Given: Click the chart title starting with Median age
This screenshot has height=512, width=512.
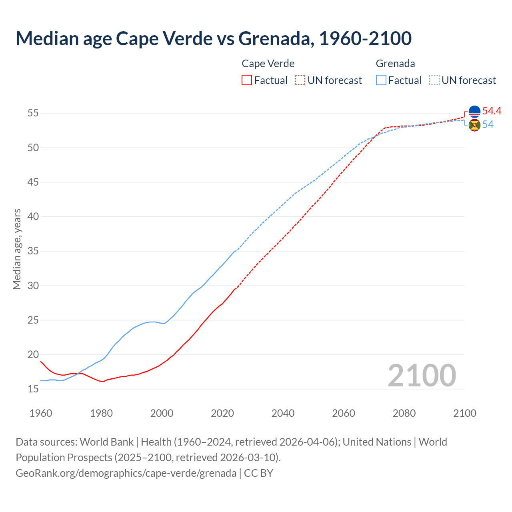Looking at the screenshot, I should (x=214, y=38).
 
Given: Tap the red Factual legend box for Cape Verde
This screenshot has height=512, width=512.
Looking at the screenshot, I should (x=247, y=80).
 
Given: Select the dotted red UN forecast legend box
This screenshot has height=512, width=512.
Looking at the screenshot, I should (x=300, y=80).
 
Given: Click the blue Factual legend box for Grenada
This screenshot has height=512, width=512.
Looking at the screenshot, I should (x=381, y=80).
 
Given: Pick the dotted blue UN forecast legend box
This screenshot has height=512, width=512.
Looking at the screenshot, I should (x=434, y=80).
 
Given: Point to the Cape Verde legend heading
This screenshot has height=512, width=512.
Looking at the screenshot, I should (x=268, y=64).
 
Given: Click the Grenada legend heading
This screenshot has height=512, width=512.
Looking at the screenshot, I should (x=395, y=64).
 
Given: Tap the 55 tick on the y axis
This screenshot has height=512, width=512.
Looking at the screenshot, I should (x=33, y=113).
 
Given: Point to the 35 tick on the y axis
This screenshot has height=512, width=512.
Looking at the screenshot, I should (x=33, y=251).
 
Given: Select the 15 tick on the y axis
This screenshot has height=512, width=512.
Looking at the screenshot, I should (x=33, y=389).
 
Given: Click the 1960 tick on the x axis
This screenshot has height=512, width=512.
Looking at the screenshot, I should (x=41, y=413).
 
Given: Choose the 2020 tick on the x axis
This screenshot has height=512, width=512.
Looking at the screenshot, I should (x=222, y=413).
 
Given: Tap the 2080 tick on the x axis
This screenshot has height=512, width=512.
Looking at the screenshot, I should (x=404, y=413).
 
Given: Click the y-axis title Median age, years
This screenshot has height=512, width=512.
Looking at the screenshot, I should (x=17, y=249).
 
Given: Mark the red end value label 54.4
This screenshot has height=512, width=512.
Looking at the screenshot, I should (x=492, y=111).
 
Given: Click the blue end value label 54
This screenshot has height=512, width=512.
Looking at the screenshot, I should (x=488, y=125).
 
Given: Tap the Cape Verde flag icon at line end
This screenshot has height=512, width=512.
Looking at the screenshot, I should (x=474, y=112).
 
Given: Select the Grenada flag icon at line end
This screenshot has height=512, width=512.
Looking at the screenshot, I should (x=474, y=125).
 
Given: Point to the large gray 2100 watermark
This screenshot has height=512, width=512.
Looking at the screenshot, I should (x=422, y=376).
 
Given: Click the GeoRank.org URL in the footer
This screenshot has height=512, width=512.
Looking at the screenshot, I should (x=126, y=473).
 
